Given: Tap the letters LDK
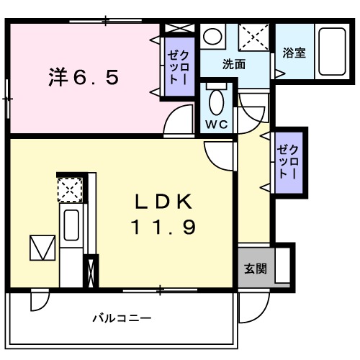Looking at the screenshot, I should click(162, 202).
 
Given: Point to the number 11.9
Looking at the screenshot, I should click(162, 228).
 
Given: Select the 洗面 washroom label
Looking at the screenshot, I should click(233, 63).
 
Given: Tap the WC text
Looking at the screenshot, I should click(217, 123).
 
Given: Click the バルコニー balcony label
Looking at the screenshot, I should click(122, 318).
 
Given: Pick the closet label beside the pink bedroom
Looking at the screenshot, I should click(177, 67).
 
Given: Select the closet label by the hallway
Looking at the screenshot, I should click(288, 162).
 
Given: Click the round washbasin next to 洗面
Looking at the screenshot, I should click(211, 36).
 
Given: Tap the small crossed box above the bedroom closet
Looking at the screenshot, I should click(177, 29).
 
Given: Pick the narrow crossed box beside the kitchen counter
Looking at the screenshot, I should click(91, 271).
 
